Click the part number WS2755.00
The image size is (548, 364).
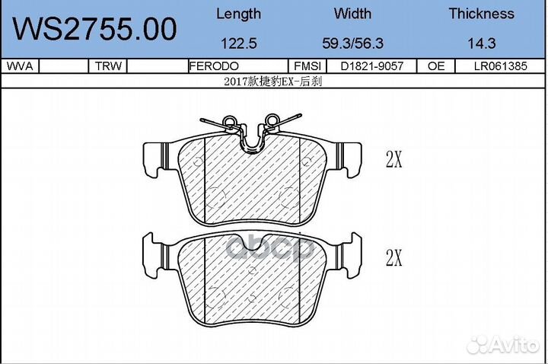point(94,29)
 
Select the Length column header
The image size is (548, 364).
point(239,14)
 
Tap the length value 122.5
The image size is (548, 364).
point(239,43)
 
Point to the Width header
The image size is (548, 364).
point(352,14)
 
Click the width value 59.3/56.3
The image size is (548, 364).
point(352,43)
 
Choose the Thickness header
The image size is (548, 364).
point(482,14)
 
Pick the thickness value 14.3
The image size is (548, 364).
point(482,43)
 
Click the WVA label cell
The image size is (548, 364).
point(20,66)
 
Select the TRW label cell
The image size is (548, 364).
point(108,66)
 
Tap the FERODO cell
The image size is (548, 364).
point(214,66)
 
